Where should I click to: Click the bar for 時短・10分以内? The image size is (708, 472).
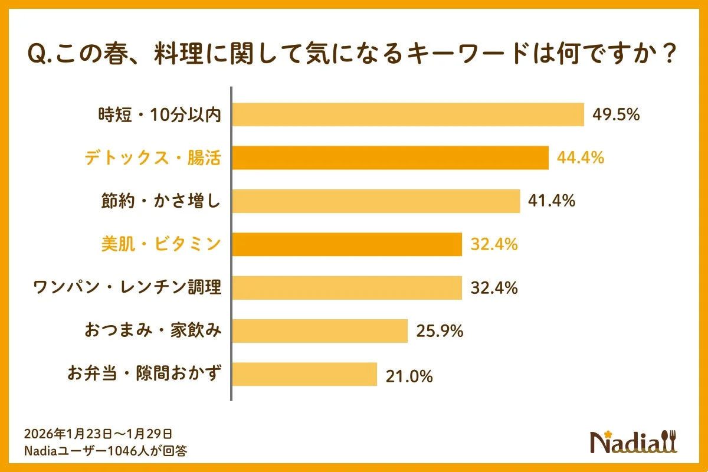[407, 114]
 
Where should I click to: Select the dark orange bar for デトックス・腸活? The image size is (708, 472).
[389, 158]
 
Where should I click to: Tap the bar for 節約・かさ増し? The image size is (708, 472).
[375, 201]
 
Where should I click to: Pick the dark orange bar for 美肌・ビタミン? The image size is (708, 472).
[346, 244]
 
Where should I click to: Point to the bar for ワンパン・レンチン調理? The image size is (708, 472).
[346, 288]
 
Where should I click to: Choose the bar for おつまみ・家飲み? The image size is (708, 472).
[319, 331]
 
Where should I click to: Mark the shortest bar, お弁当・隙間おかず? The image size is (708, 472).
[304, 374]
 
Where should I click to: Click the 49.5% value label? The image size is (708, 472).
[616, 114]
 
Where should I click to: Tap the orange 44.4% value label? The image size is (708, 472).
[581, 158]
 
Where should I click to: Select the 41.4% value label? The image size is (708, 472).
[552, 201]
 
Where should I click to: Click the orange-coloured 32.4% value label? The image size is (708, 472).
[494, 244]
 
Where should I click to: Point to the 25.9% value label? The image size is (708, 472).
[440, 331]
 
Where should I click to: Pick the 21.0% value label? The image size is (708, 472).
[409, 375]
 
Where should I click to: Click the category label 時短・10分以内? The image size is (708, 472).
[159, 115]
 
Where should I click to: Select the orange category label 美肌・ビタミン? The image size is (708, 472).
[160, 244]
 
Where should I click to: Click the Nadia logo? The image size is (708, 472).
[634, 441]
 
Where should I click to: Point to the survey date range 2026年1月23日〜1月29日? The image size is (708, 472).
[98, 434]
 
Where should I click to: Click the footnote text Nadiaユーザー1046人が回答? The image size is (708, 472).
[106, 451]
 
